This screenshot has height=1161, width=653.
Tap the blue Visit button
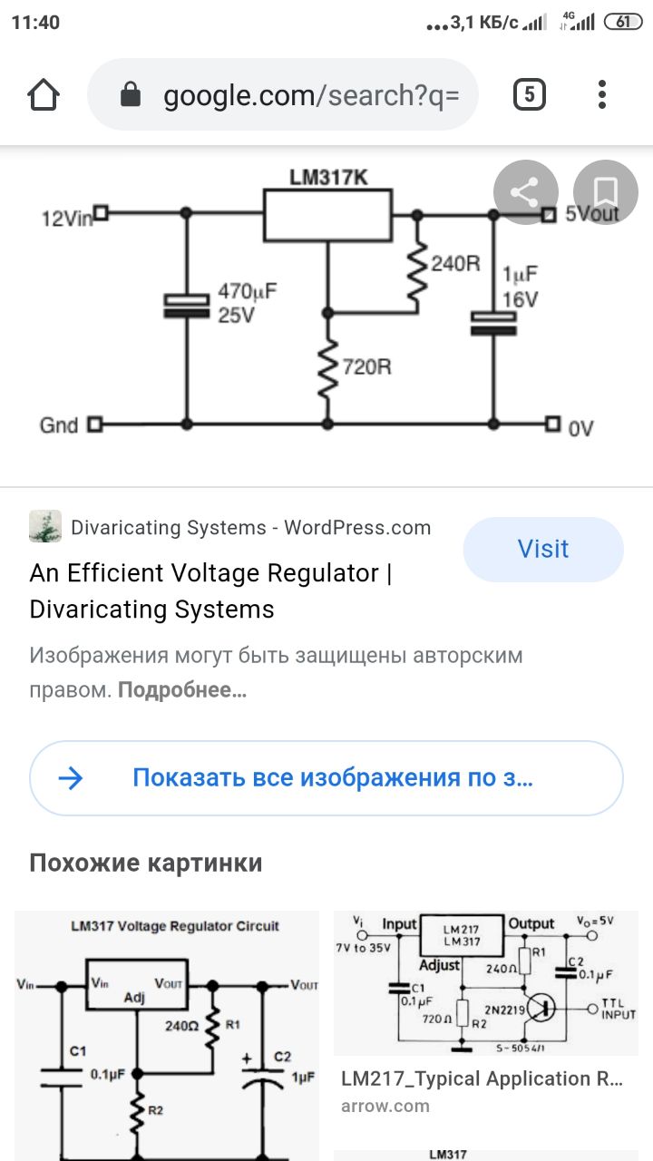point(543,549)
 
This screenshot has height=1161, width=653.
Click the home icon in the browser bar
point(44,94)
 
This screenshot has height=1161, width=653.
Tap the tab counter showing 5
point(530,94)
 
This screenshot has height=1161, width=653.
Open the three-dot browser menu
point(602,94)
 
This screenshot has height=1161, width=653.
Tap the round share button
point(524,191)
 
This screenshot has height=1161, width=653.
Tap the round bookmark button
point(605,191)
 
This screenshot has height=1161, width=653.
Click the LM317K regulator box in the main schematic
point(327,215)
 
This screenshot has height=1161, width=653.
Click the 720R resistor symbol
point(327,368)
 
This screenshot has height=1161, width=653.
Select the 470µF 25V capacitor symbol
point(187,306)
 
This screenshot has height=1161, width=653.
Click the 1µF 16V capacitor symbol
point(493,323)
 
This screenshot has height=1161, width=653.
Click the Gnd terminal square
point(93,424)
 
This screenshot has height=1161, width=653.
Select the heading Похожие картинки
point(146,862)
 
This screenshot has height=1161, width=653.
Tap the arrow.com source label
point(385,1106)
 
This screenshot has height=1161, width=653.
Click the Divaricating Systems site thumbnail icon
point(45,527)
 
